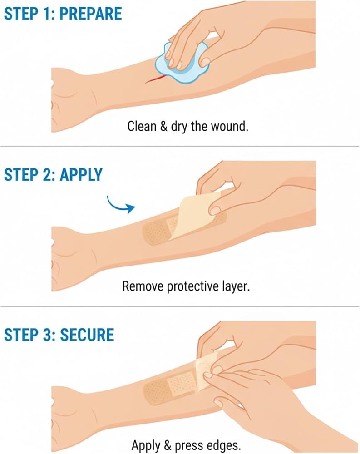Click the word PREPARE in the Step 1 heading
(91, 14)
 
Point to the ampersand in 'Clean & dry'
(163, 127)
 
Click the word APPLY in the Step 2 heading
(81, 175)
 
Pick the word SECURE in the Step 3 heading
(87, 335)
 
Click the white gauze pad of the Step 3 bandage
(182, 383)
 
